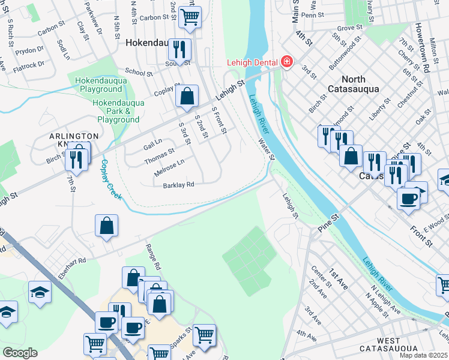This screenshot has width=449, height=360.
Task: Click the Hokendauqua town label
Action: click(147, 44)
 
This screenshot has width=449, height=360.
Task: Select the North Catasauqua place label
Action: click(361, 84)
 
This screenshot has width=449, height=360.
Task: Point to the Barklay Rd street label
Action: click(178, 185)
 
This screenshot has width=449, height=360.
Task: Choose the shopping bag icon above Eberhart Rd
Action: click(106, 226)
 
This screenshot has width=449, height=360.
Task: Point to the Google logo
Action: click(20, 353)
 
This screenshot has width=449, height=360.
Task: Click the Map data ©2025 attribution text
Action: click(423, 355)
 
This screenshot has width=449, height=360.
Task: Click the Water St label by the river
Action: click(265, 149)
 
